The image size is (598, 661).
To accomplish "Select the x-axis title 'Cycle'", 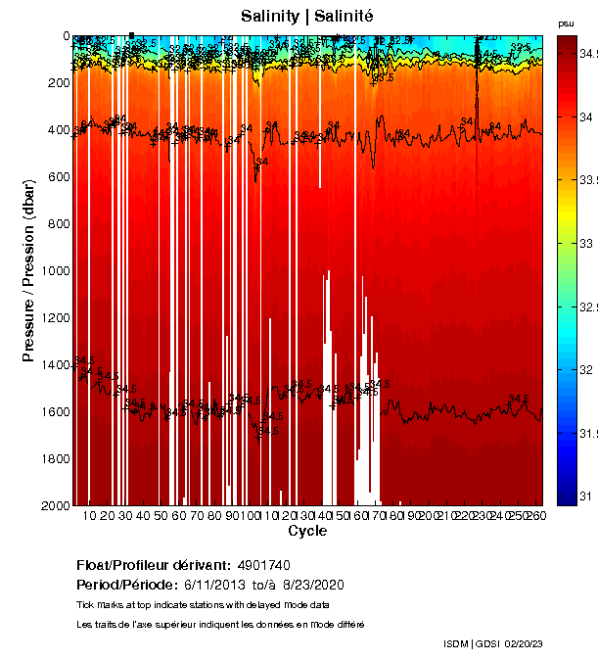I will tap(307, 531).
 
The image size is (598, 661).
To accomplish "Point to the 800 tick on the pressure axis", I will tap(56, 223).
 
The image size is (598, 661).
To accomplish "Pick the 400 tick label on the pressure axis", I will tap(56, 129).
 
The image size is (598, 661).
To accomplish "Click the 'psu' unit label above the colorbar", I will tap(566, 23).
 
